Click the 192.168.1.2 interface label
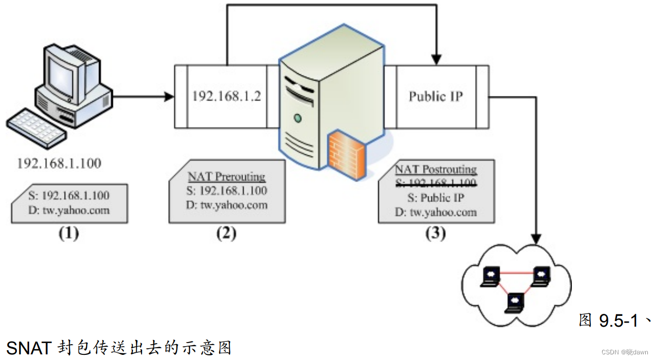pos(226,96)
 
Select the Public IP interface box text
pos(436,96)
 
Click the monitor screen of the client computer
pos(61,77)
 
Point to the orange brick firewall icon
pos(347,154)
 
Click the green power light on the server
pos(297,118)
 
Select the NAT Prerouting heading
pos(226,176)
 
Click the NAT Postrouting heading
pos(436,169)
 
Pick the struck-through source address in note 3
pos(436,183)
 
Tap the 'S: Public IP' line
pos(436,198)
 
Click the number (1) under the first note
pos(69,233)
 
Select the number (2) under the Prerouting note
pos(226,233)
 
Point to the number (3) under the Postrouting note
pos(436,233)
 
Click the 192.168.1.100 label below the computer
pos(59,163)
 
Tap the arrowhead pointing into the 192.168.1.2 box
pos(169,96)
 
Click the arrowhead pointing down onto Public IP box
pos(436,59)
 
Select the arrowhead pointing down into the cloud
pos(536,239)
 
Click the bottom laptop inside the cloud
pos(514,303)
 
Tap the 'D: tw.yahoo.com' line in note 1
pos(69,210)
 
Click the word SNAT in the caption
pos(29,348)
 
